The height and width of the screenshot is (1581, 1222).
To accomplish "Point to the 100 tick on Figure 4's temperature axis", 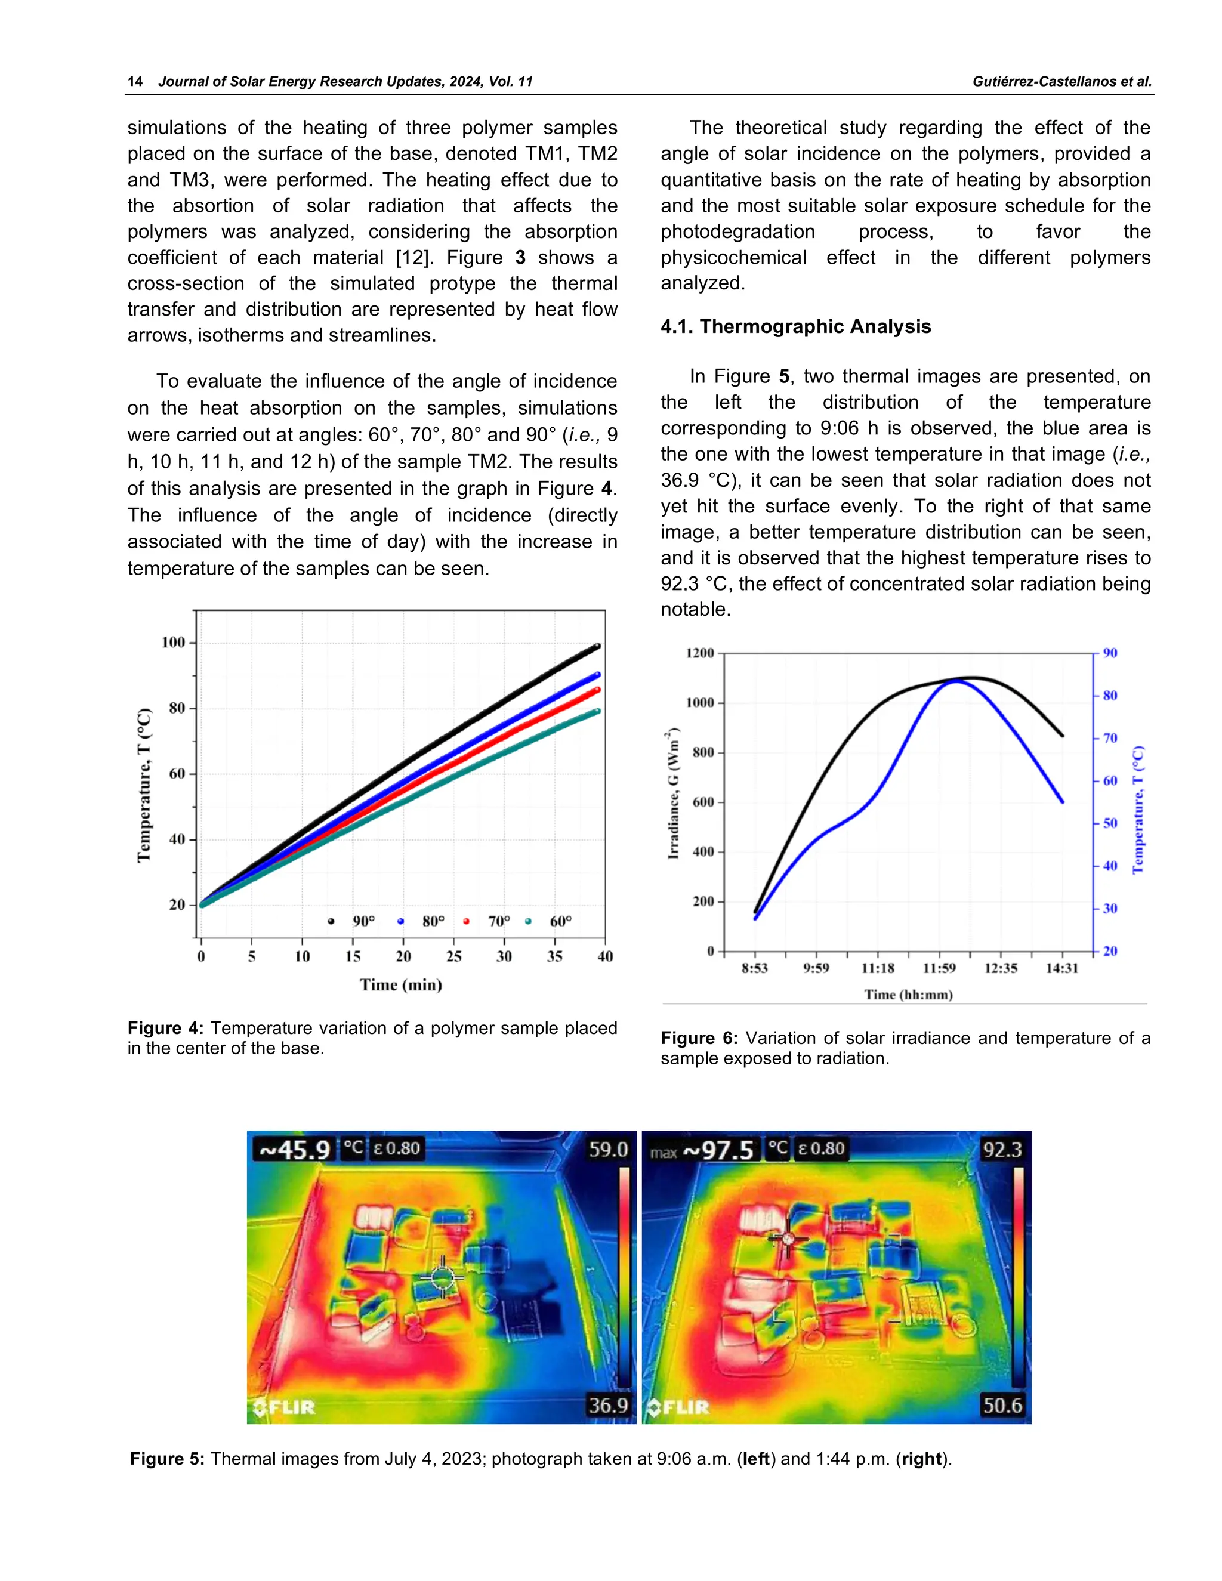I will (174, 642).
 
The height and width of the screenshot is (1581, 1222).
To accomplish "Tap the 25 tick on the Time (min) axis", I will (453, 956).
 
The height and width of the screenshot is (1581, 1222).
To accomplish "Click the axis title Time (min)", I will (400, 984).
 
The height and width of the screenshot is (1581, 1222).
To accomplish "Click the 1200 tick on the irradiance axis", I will (699, 653).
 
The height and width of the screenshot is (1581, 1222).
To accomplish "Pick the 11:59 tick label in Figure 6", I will (939, 968).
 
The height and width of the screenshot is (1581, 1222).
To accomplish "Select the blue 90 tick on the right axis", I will (1110, 653).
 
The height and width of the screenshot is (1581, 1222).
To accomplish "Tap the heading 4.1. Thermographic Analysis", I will (795, 326).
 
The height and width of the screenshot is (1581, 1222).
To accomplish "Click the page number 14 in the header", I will (135, 81).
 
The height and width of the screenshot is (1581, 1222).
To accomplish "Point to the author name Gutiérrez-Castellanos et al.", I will (1061, 81).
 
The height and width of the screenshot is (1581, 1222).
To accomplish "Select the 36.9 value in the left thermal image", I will (607, 1405).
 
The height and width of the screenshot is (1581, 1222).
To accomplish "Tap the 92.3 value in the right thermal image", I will (1002, 1150).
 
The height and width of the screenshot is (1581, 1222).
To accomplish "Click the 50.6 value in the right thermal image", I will (1002, 1405).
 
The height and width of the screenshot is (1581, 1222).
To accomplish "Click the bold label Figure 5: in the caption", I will (167, 1459).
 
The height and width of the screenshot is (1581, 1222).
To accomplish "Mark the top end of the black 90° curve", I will (597, 646).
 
